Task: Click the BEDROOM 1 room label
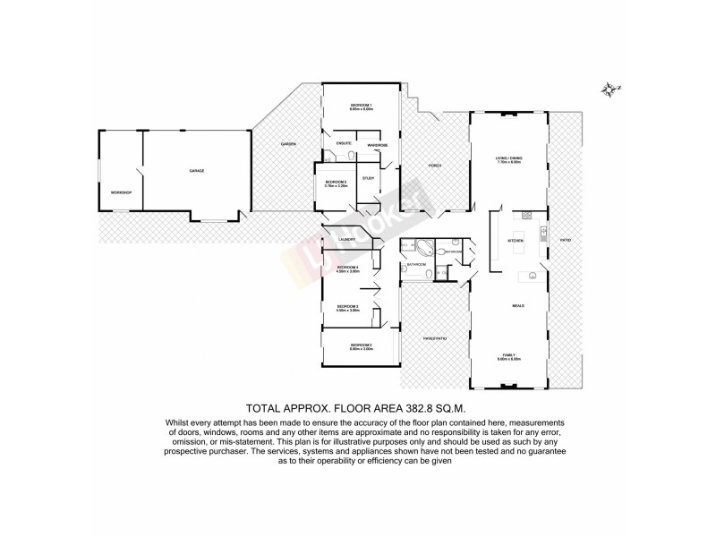(x=361, y=107)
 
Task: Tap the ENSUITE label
(x=344, y=143)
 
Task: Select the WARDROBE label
(x=378, y=144)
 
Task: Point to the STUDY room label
(x=368, y=178)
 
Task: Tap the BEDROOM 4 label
(x=347, y=268)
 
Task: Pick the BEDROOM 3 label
(x=347, y=307)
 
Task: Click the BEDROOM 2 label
(x=361, y=345)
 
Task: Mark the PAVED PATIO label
(x=435, y=338)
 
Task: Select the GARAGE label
(x=196, y=170)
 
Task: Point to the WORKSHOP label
(x=121, y=192)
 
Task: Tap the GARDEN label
(x=287, y=144)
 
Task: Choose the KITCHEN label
(x=515, y=242)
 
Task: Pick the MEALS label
(x=517, y=305)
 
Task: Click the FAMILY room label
(x=508, y=355)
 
